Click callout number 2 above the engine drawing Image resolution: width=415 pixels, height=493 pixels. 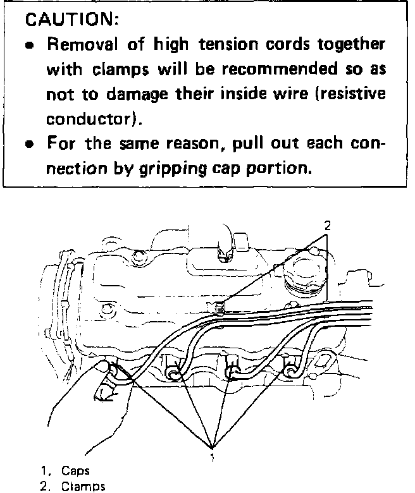pos(327,226)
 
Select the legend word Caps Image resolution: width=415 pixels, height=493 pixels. pos(75,471)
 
